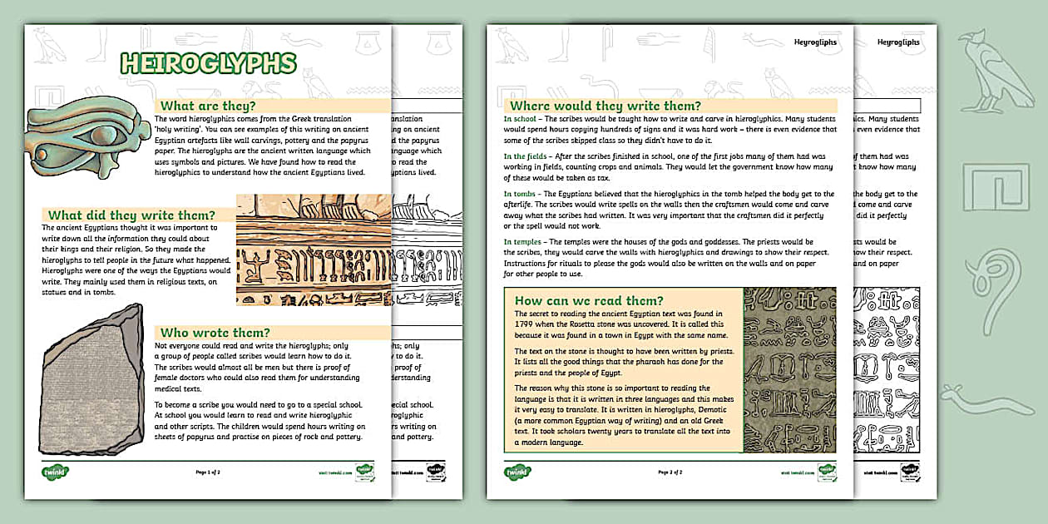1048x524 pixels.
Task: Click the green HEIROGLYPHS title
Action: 208,63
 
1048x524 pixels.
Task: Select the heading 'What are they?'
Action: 207,106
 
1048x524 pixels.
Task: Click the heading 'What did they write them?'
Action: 131,215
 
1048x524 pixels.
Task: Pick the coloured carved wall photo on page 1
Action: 314,250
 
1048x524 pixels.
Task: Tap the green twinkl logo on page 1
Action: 56,472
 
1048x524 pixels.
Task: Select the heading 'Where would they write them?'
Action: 605,106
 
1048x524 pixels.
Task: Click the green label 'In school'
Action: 520,119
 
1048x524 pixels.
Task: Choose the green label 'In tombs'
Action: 522,194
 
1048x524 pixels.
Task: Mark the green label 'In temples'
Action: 525,242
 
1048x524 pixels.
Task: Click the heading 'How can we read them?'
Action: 589,300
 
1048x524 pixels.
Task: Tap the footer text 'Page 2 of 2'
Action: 670,472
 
